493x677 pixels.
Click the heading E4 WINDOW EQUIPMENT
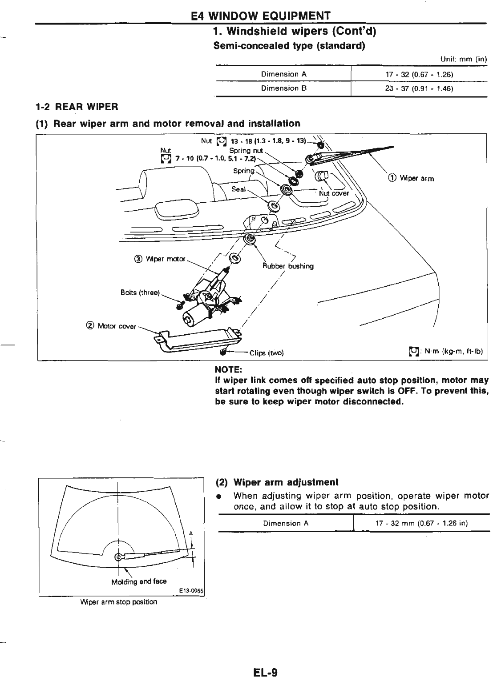pyautogui.click(x=260, y=16)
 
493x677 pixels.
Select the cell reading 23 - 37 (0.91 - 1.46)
pyautogui.click(x=419, y=88)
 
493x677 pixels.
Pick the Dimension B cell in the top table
pyautogui.click(x=284, y=88)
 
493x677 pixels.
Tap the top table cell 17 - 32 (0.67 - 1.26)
pyautogui.click(x=419, y=74)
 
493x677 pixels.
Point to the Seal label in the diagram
pyautogui.click(x=238, y=189)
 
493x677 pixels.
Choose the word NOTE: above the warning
pyautogui.click(x=228, y=369)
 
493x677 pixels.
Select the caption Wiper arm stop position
pyautogui.click(x=119, y=602)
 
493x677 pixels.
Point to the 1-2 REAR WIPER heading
pyautogui.click(x=77, y=107)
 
